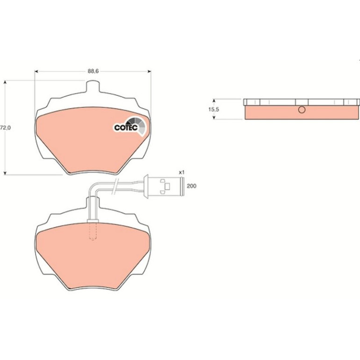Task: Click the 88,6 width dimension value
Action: tap(93, 71)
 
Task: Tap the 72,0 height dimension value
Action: tap(5, 128)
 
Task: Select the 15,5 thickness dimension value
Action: tap(214, 109)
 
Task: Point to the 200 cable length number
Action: tap(192, 186)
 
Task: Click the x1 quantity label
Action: tap(181, 172)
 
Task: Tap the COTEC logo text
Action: tap(126, 128)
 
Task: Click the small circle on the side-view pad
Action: tap(302, 110)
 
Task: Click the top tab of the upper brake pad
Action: tap(93, 86)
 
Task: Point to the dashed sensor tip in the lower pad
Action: tap(92, 231)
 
